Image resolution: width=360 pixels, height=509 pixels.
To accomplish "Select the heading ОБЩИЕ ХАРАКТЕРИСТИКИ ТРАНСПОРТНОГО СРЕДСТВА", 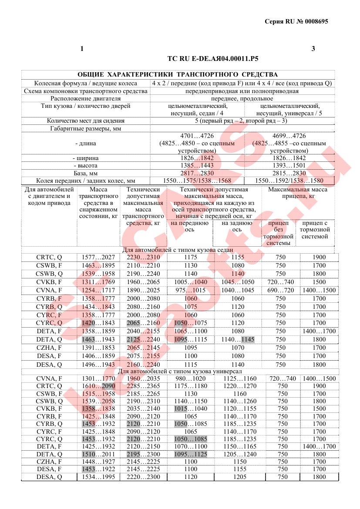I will (177, 75).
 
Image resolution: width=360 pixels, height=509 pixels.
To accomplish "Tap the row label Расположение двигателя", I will (86, 99).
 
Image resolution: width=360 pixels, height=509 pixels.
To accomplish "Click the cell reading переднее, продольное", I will (242, 99).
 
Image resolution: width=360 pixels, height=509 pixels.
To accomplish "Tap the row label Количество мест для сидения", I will (86, 121).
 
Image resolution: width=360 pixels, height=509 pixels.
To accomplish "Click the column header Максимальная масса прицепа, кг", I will (298, 193).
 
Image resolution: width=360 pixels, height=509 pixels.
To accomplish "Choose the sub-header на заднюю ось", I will (237, 226).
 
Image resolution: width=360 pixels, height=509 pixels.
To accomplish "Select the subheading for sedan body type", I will (178, 250).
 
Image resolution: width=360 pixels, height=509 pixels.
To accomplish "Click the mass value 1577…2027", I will (98, 258).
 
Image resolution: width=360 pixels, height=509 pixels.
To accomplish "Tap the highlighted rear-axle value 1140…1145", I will (237, 339).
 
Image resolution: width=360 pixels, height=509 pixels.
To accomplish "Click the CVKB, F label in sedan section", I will (49, 282).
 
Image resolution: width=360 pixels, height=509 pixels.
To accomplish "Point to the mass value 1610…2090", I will (98, 386).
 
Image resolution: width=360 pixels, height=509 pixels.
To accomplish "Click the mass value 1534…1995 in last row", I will (98, 477).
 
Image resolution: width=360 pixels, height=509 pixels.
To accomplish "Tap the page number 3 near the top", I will (313, 49).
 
